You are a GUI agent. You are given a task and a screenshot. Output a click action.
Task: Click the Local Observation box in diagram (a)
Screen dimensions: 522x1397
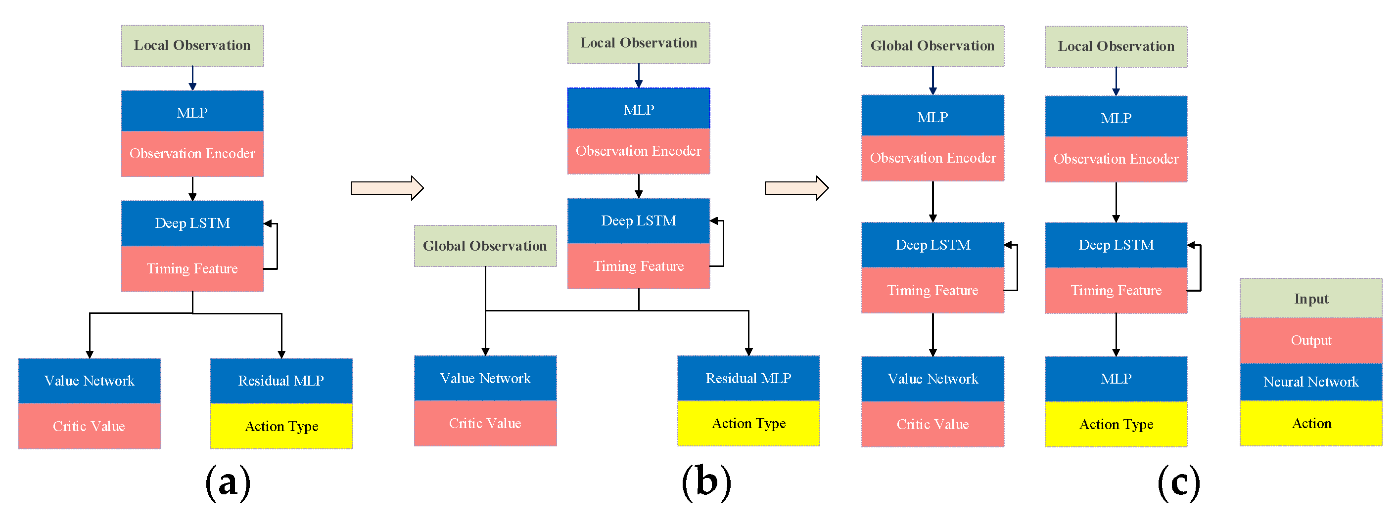click(x=192, y=45)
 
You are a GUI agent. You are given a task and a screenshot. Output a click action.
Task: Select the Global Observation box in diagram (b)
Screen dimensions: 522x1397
click(x=485, y=246)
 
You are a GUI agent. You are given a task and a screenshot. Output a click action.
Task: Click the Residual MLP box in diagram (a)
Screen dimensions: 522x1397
click(x=281, y=381)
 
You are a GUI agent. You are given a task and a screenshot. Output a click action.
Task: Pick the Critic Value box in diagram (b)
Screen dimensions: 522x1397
click(x=485, y=423)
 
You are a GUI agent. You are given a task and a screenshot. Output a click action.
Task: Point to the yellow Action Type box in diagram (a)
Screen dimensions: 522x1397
click(x=281, y=426)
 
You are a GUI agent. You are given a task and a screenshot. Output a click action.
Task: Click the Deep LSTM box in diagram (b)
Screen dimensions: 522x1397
click(x=638, y=220)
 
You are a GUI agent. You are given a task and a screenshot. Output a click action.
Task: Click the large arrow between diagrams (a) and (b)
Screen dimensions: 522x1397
click(x=387, y=188)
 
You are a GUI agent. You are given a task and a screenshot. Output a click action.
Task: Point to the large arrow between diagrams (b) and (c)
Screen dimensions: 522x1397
click(x=796, y=188)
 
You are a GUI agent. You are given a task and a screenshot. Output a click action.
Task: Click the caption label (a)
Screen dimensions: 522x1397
click(x=228, y=482)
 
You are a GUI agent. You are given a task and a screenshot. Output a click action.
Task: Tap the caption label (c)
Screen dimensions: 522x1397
click(x=1178, y=482)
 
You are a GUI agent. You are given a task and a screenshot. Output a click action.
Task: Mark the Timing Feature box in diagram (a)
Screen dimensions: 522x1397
click(x=192, y=269)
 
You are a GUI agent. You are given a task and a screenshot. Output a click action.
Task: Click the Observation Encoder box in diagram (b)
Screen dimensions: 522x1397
click(x=638, y=151)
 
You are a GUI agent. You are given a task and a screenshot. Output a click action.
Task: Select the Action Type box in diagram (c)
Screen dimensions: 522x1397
click(x=1116, y=425)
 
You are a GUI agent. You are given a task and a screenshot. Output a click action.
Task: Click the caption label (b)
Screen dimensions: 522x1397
click(x=705, y=482)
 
